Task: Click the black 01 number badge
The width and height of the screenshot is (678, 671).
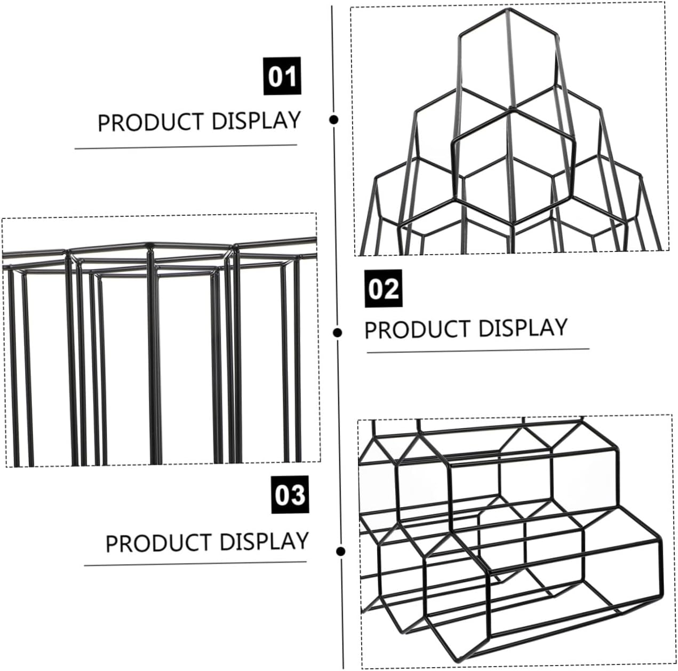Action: point(282,76)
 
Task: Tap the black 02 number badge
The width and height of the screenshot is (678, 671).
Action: point(384,289)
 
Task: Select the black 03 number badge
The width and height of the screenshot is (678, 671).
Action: point(290,494)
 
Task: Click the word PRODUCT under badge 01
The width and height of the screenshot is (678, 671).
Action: point(151,123)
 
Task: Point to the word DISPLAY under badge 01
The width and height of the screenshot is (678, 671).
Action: point(256,121)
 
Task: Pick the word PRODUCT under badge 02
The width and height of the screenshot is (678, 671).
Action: point(418,329)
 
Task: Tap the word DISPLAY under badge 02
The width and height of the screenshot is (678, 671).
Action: point(523,327)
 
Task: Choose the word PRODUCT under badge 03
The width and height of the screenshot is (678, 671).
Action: point(159,543)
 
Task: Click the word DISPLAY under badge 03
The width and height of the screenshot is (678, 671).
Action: point(264,541)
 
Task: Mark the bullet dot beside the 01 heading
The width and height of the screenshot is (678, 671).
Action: point(334,120)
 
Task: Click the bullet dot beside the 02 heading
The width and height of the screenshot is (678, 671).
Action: point(337,333)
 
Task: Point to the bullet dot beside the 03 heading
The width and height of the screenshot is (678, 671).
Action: point(341,551)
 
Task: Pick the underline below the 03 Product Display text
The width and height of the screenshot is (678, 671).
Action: point(195,563)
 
